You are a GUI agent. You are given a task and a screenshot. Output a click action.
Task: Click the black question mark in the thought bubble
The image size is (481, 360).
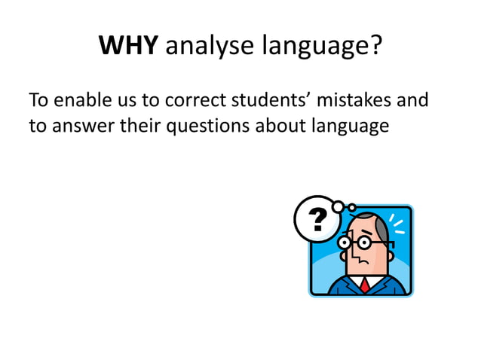point(319,218)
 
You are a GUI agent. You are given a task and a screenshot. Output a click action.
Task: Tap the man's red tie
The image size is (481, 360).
point(364,285)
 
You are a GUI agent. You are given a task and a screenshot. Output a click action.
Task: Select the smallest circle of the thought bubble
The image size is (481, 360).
point(351,208)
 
